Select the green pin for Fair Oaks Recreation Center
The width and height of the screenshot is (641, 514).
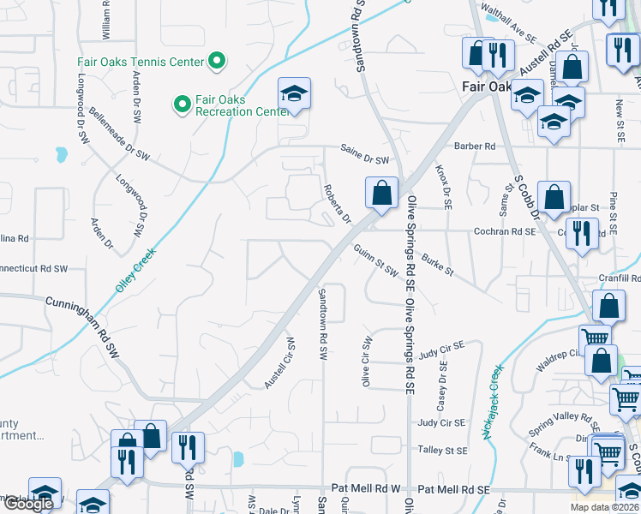(x=182, y=105)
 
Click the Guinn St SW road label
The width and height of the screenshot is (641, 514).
(x=376, y=260)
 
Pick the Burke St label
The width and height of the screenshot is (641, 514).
(x=436, y=264)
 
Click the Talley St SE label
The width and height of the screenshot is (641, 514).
(x=442, y=450)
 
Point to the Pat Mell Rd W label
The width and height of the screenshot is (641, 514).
(x=370, y=488)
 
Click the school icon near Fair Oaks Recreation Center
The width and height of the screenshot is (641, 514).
(x=294, y=94)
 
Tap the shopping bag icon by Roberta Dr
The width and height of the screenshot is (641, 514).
(x=381, y=193)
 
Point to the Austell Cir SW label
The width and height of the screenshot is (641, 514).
(x=279, y=362)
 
